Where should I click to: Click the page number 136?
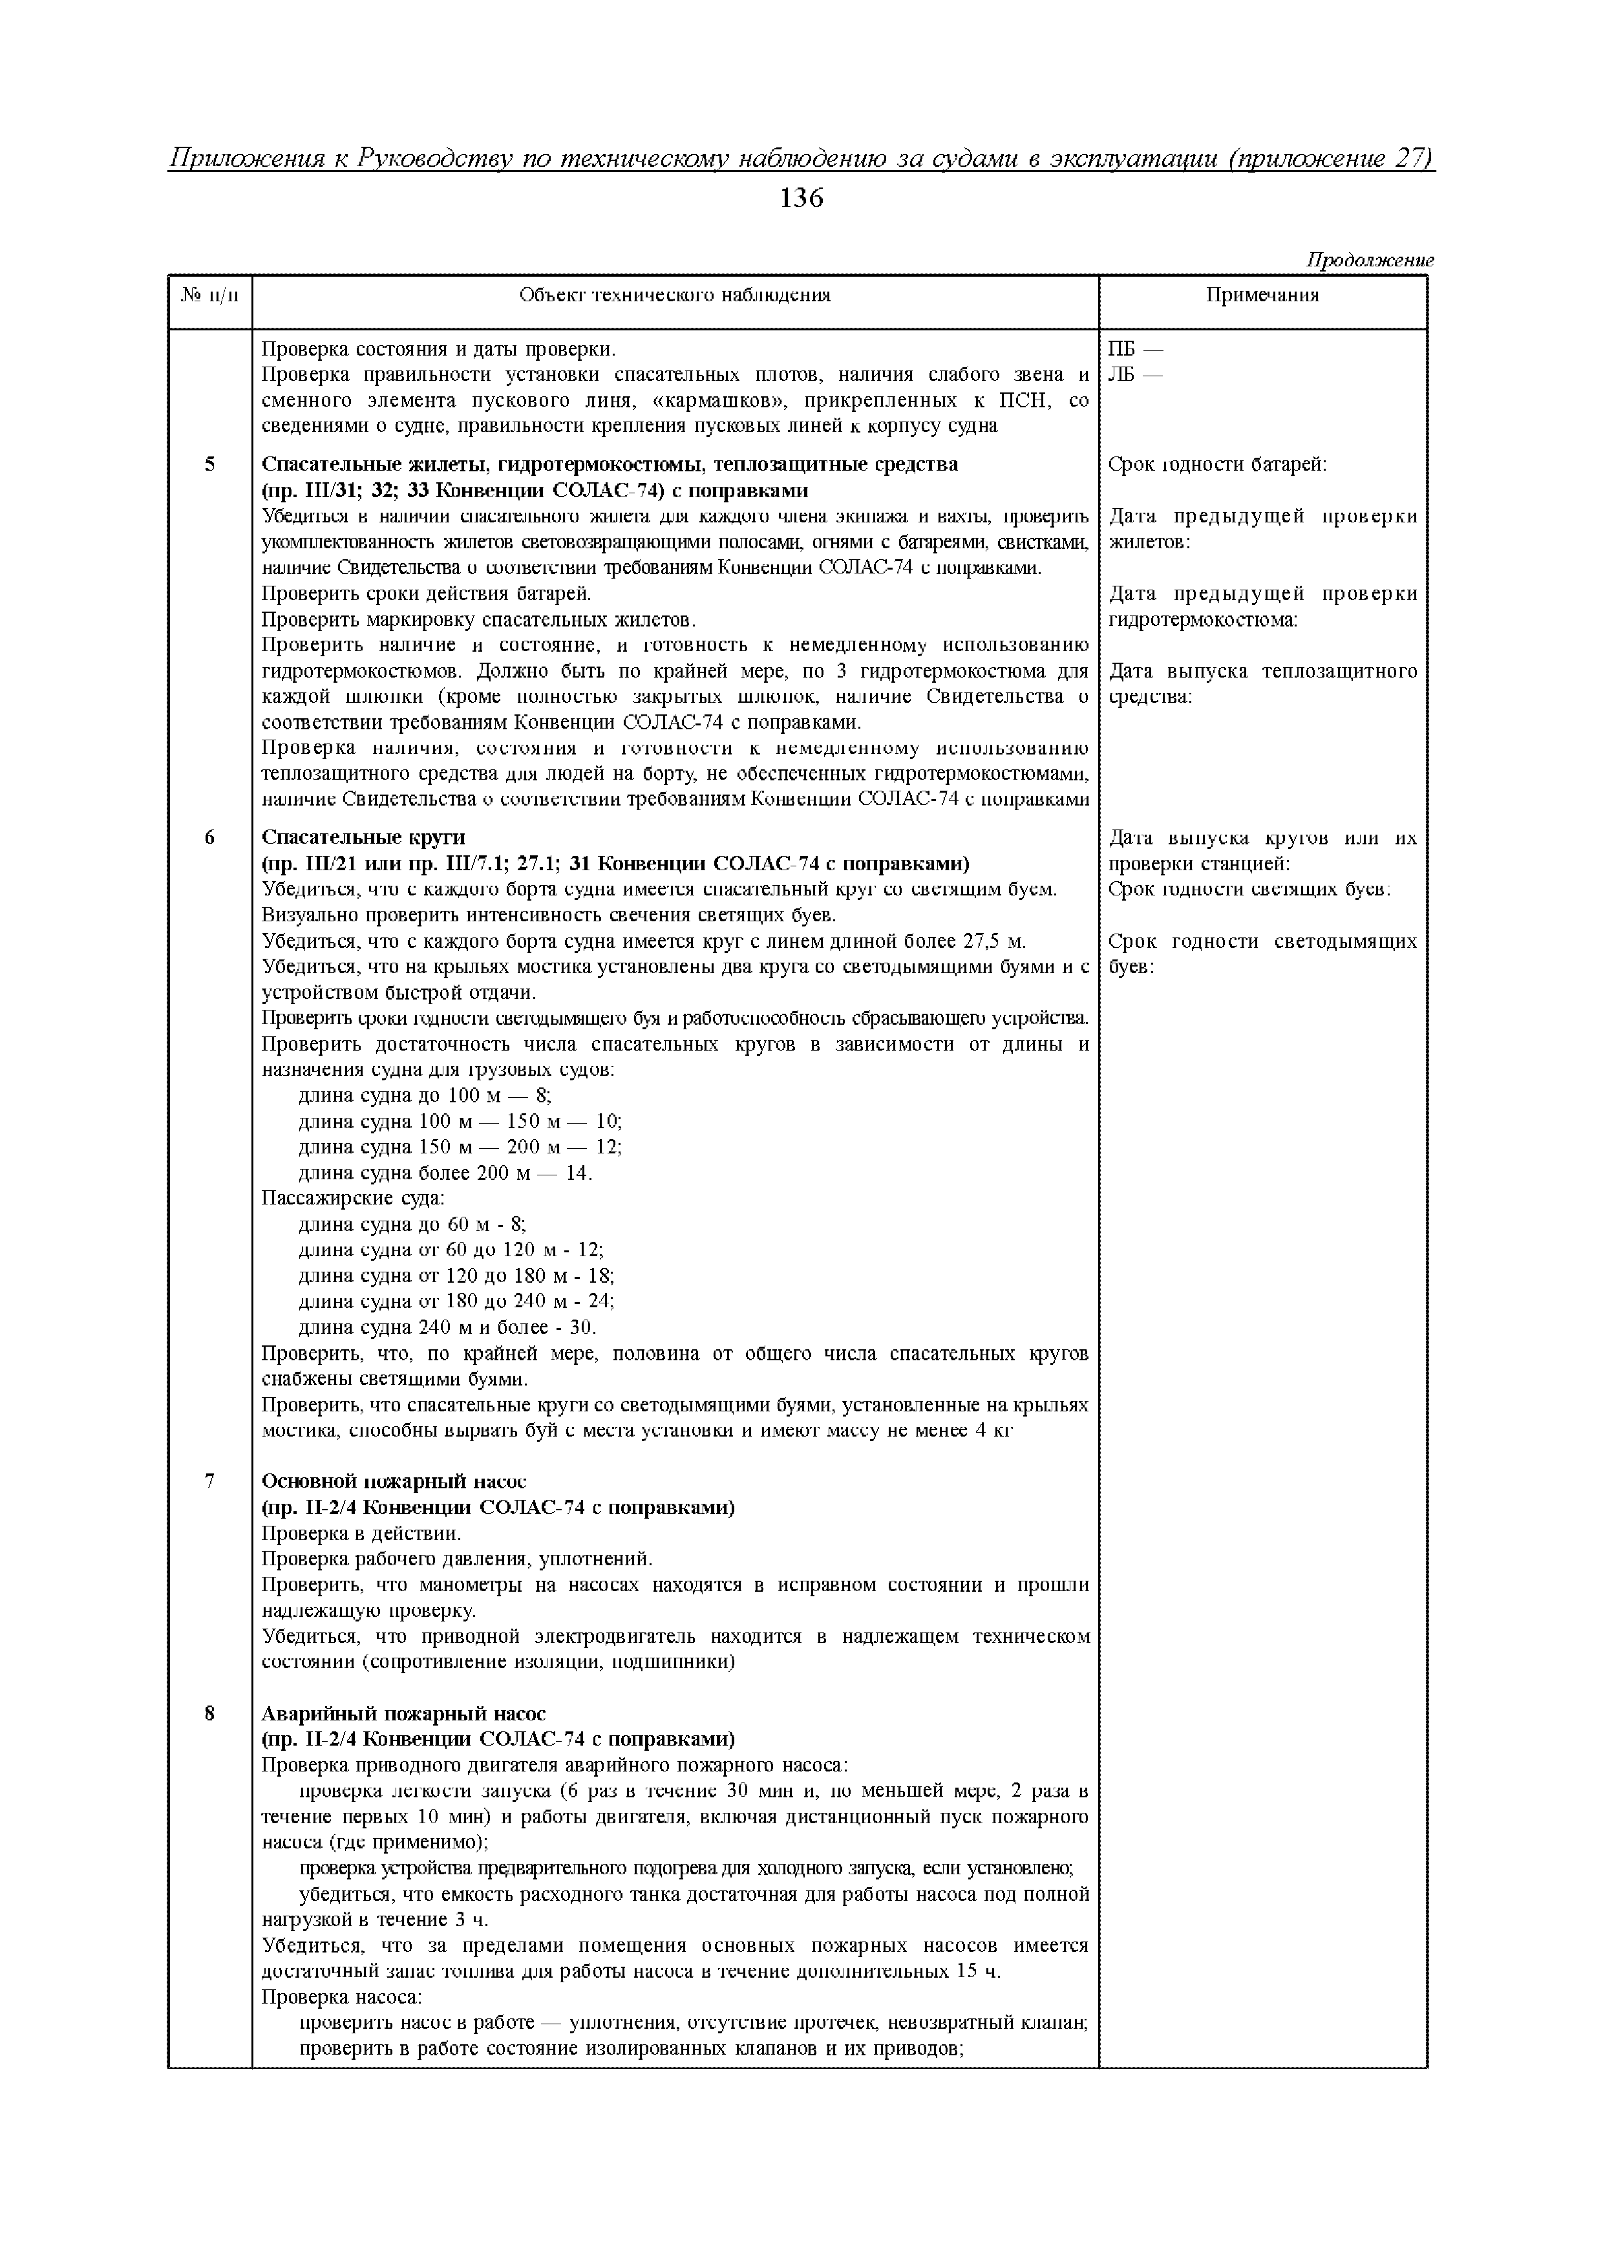801,198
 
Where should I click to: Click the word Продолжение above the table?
1370,261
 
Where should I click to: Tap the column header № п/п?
209,295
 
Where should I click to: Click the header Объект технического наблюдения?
675,295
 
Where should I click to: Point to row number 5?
209,464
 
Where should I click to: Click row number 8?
209,1713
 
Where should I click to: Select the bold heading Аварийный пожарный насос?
403,1713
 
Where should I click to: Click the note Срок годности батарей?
1217,464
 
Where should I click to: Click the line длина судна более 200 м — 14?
445,1173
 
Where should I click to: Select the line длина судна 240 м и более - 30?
447,1327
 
